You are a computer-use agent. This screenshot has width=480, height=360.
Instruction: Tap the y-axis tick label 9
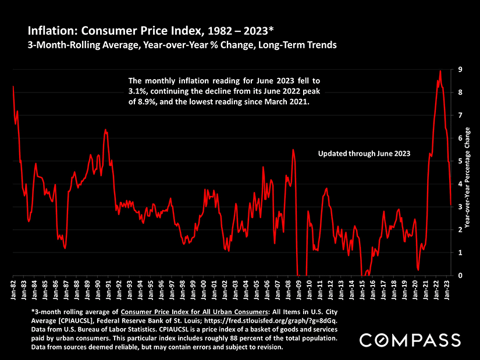(460, 69)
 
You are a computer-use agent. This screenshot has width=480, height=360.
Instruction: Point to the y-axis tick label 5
(460, 161)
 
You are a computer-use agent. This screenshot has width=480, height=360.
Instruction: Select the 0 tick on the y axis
(460, 276)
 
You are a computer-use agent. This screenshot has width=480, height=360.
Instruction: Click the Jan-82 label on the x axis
(13, 291)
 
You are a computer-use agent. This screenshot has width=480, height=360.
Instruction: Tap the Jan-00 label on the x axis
(204, 291)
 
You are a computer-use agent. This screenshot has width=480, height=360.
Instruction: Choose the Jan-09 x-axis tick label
(299, 291)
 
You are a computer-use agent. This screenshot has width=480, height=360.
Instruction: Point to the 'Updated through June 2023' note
(365, 154)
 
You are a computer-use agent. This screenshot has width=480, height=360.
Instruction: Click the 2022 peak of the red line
(440, 71)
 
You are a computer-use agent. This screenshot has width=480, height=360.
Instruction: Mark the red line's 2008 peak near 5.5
(293, 150)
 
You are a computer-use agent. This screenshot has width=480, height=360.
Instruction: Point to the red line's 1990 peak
(105, 130)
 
